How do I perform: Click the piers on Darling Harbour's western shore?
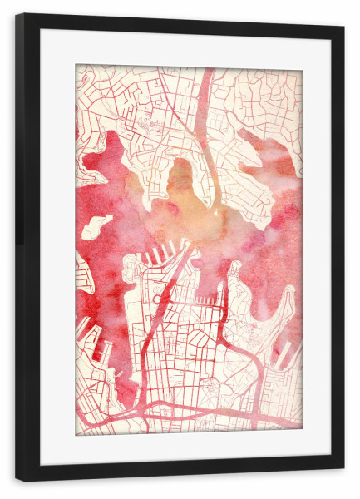92,333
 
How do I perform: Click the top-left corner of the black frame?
17,15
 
